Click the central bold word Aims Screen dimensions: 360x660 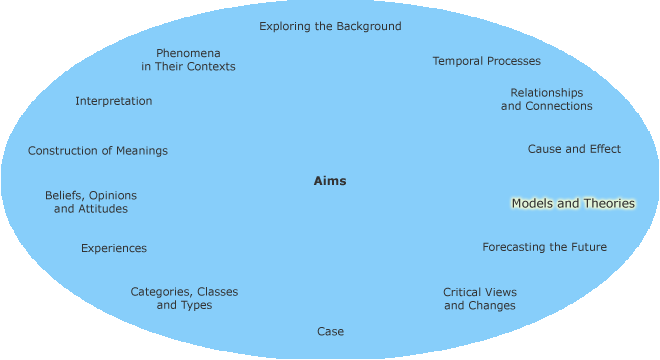(330, 181)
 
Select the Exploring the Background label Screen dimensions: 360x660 (330, 26)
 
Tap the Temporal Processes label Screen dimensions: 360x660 (486, 61)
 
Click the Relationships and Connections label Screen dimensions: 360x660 (546, 99)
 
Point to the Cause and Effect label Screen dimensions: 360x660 (574, 149)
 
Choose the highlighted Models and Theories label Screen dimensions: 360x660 (573, 203)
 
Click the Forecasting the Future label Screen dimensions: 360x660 (544, 247)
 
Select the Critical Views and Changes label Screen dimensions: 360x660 (480, 299)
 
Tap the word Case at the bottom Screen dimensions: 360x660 (330, 331)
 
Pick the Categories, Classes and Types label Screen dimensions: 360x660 (184, 298)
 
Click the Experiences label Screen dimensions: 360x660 (114, 248)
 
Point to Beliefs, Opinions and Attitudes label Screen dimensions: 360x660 (91, 202)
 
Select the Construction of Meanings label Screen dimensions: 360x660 (98, 151)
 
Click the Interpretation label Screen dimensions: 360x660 (114, 101)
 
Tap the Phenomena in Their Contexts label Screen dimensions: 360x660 (188, 59)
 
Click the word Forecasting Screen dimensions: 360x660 (515, 247)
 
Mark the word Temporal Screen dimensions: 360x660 (458, 61)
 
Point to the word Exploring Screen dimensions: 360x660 (286, 26)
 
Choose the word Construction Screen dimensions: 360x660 (63, 151)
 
